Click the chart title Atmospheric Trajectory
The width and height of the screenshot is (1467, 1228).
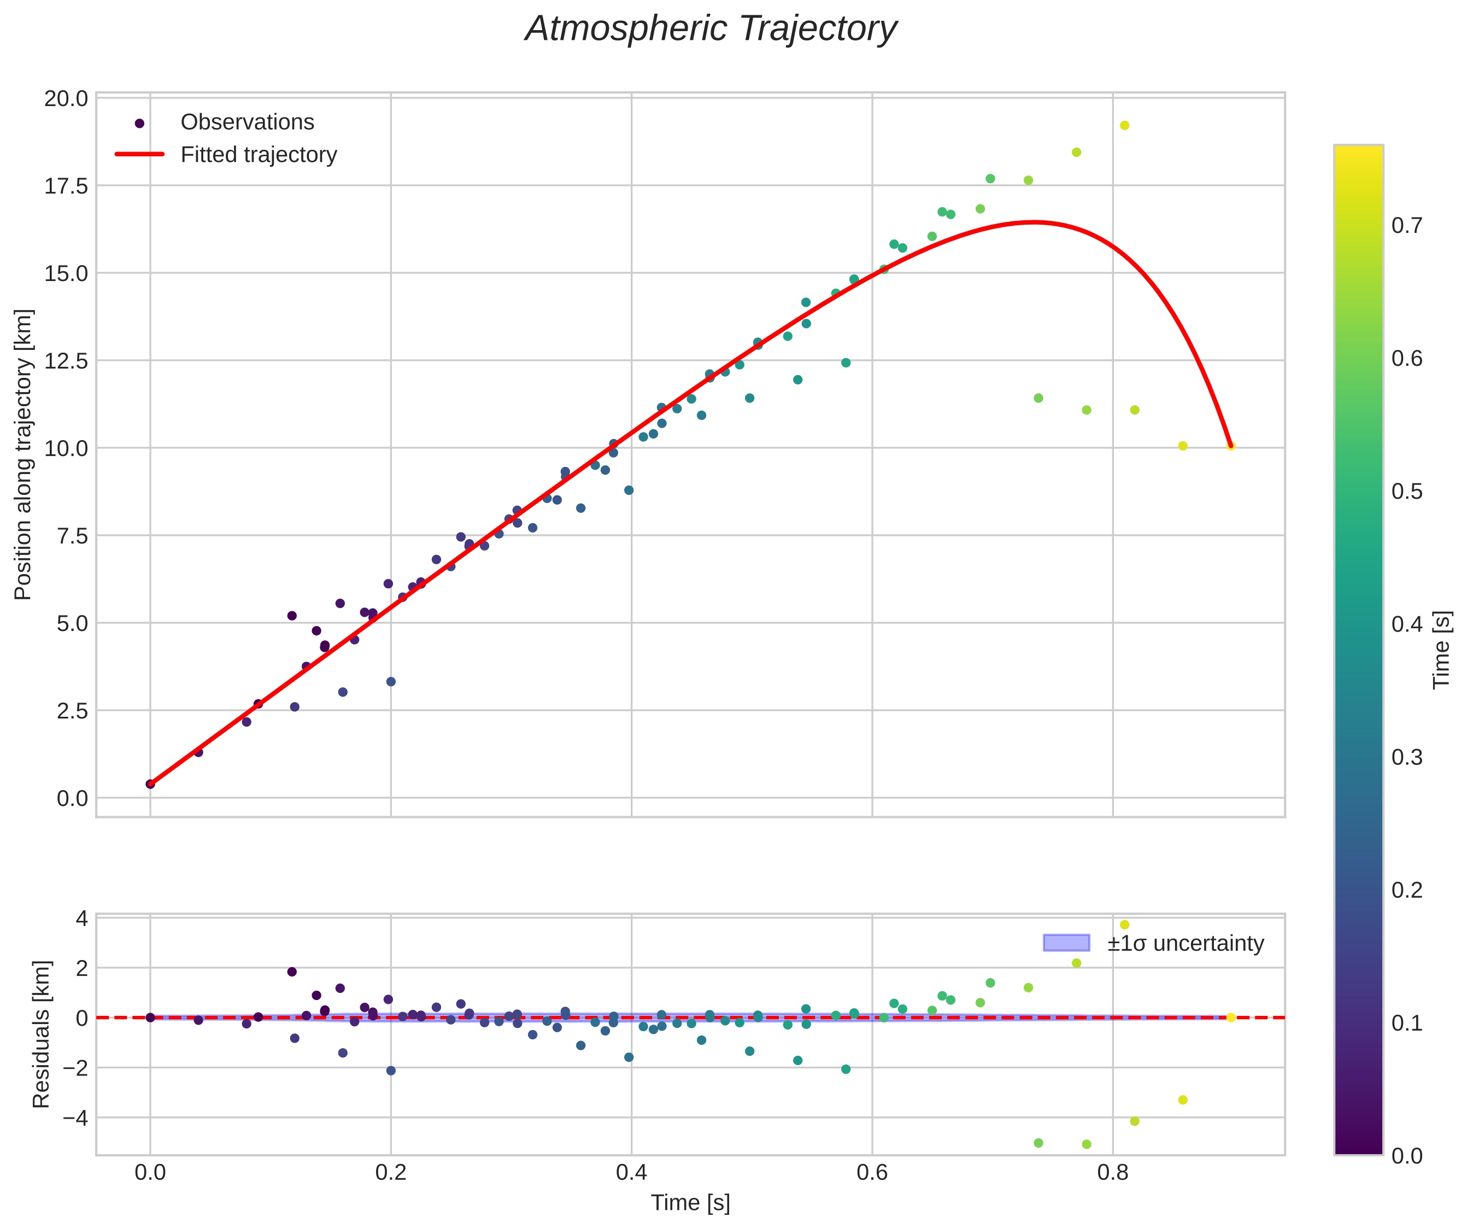coord(711,30)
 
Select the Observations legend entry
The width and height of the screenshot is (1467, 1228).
coord(247,122)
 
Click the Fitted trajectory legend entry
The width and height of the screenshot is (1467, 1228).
coord(259,155)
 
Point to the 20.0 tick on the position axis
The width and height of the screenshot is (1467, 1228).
coord(66,98)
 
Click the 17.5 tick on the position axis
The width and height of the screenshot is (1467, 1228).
coord(66,186)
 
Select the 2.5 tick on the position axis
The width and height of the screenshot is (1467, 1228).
coord(72,711)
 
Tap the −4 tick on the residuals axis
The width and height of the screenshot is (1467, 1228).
coord(75,1118)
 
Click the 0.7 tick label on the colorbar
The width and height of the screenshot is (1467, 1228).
coord(1407,226)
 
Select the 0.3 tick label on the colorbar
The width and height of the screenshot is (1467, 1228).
coord(1407,757)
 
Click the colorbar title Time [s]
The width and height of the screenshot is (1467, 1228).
coord(1442,650)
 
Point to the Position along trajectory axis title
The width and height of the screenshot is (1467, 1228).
coord(23,454)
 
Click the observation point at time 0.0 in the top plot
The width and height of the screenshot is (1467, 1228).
coord(150,784)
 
